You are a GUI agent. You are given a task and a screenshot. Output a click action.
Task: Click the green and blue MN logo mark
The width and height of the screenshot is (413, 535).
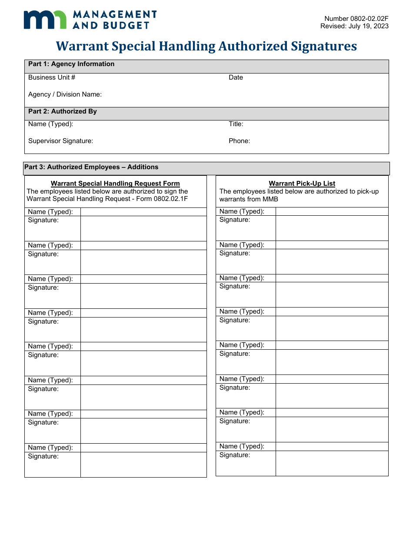coord(45,20)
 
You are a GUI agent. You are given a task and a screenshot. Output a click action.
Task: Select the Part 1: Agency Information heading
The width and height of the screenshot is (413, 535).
coord(71,64)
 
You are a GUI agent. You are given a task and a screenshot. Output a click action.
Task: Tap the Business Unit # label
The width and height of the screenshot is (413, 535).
coord(52,77)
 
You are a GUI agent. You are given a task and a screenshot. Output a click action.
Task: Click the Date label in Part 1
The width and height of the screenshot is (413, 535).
coord(236,77)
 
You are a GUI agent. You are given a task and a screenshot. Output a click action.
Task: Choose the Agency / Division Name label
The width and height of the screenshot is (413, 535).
coord(65,94)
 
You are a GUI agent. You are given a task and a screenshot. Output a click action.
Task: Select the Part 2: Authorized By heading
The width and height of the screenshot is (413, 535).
coord(63,111)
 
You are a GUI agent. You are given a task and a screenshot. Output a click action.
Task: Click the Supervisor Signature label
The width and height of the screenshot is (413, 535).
coord(60,141)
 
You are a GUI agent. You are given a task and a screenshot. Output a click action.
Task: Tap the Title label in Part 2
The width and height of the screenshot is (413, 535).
coord(236,124)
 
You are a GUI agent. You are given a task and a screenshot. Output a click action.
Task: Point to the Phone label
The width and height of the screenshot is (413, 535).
coord(239,141)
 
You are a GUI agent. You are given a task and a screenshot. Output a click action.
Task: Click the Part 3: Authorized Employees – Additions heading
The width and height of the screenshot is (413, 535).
coord(91,167)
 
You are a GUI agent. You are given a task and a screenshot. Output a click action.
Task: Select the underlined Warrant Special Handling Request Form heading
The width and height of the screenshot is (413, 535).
coord(115,184)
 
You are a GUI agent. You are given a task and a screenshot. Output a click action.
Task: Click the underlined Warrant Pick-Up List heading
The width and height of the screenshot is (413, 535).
coord(302,184)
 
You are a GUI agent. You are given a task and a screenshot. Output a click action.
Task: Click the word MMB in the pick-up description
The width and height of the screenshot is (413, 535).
coord(270,199)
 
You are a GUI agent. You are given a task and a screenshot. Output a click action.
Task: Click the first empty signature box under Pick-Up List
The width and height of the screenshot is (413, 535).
coord(332,228)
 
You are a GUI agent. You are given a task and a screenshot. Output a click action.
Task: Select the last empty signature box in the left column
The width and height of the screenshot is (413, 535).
coord(143,465)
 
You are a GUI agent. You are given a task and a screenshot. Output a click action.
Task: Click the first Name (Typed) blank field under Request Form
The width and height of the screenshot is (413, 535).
coord(143,212)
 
